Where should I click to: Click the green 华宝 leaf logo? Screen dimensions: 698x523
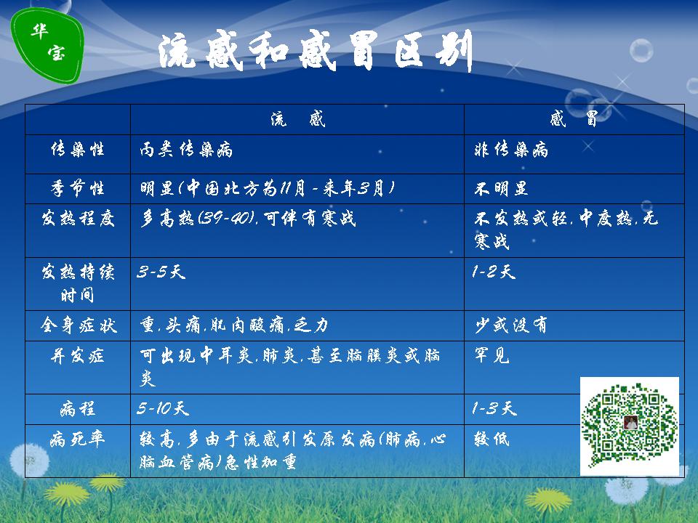[47, 45]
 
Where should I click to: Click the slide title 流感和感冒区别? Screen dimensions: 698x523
[315, 51]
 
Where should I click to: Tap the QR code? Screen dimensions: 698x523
[630, 426]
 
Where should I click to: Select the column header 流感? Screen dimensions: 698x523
[298, 119]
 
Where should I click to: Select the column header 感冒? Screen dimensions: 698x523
[574, 119]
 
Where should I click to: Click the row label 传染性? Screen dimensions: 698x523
[78, 149]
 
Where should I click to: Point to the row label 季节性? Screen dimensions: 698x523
[78, 188]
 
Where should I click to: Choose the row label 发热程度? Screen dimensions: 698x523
[78, 219]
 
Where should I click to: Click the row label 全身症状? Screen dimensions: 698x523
[79, 325]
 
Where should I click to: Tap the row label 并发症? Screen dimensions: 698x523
[78, 356]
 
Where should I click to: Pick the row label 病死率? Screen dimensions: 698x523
[78, 439]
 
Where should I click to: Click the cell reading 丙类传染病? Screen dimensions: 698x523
[186, 150]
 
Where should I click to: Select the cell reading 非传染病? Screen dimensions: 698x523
[511, 150]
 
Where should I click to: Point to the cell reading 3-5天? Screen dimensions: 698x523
[161, 272]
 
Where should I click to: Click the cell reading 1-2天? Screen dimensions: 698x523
[494, 272]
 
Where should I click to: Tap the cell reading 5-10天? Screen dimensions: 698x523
[163, 408]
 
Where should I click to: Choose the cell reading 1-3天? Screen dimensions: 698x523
[494, 408]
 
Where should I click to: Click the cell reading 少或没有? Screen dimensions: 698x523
[511, 325]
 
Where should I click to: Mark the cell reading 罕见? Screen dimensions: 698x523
[492, 355]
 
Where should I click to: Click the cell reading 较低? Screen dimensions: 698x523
[492, 439]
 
